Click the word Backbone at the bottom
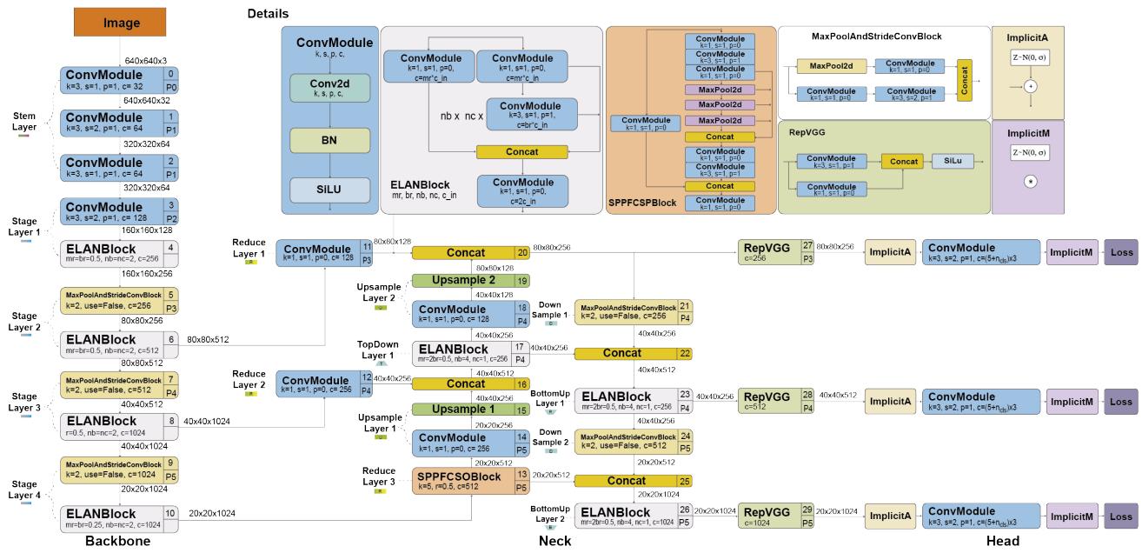click(123, 542)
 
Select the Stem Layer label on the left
click(24, 121)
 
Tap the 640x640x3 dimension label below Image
click(144, 60)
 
